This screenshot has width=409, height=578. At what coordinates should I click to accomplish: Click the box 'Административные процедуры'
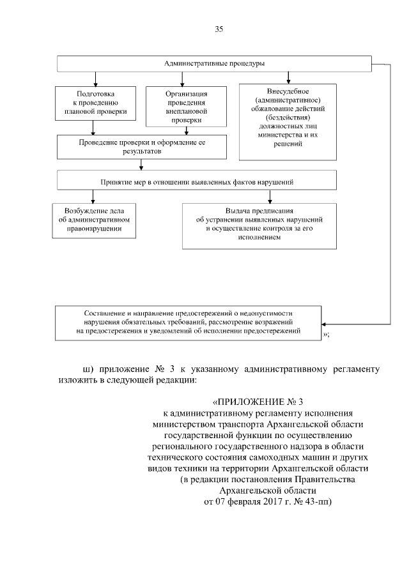[214, 65]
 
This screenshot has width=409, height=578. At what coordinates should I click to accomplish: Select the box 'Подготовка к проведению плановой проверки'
[96, 103]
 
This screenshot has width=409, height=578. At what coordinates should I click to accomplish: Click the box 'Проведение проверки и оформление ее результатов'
[141, 146]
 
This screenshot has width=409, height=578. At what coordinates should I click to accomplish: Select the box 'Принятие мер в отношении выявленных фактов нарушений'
[214, 181]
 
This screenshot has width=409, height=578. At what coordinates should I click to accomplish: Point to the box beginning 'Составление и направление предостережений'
[189, 323]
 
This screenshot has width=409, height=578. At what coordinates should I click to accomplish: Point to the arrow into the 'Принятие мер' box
[141, 167]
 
